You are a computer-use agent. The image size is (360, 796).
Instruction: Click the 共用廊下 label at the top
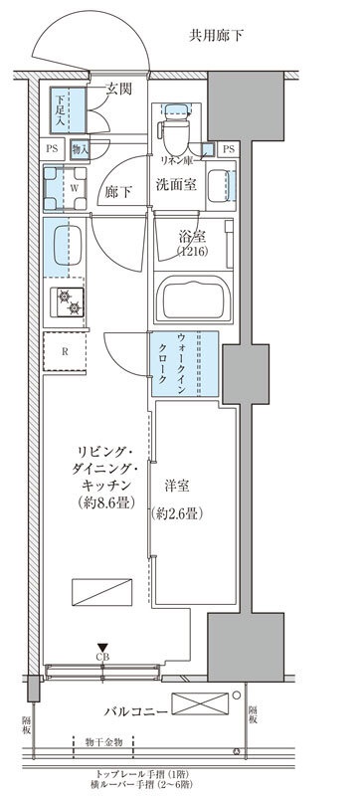217,36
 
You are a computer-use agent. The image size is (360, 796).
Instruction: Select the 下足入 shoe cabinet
63,109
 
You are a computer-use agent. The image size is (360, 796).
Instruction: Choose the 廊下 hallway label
119,192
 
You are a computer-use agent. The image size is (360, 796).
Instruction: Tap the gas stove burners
69,302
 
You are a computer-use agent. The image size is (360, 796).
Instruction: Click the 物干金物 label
104,741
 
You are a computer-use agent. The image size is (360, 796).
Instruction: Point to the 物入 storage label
82,150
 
